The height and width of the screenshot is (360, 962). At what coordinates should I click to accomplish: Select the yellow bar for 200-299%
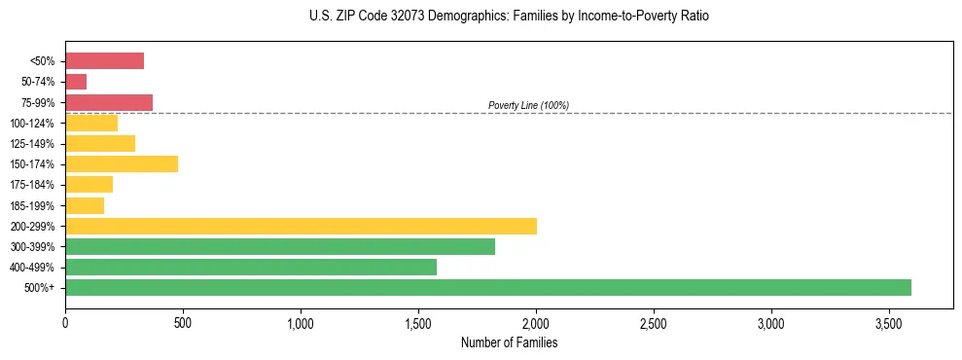[301, 226]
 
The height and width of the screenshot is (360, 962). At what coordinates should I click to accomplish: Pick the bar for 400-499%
[251, 267]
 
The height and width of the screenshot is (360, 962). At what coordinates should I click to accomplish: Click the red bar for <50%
[104, 61]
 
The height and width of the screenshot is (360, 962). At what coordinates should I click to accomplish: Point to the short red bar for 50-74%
[76, 82]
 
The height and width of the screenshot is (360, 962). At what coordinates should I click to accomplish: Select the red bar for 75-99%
[109, 102]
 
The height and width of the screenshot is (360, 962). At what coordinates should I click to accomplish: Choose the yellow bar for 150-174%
[122, 163]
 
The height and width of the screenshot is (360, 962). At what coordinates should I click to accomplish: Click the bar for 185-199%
[85, 205]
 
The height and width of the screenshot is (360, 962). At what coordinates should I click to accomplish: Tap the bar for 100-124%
[91, 123]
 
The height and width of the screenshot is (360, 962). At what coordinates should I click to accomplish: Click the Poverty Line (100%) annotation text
[528, 105]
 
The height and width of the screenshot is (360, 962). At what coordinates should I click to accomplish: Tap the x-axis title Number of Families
[509, 342]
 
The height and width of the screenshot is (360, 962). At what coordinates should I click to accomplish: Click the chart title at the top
[509, 17]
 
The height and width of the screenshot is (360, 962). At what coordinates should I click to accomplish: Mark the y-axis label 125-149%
[32, 144]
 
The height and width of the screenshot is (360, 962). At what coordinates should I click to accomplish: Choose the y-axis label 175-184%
[32, 185]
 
